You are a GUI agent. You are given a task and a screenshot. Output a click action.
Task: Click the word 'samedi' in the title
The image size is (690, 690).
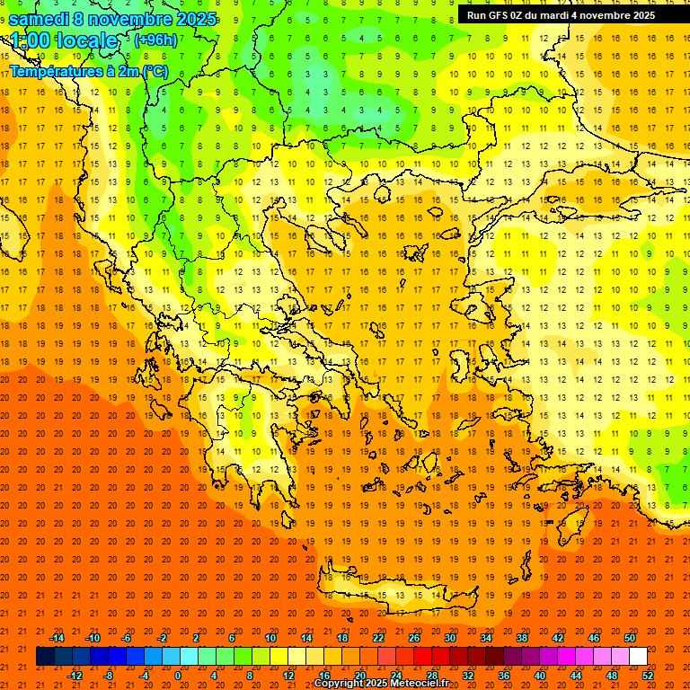tap(40, 19)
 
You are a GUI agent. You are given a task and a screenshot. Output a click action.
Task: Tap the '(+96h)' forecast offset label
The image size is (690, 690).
tap(155, 40)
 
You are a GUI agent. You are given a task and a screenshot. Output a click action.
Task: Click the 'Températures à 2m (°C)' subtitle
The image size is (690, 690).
tap(88, 71)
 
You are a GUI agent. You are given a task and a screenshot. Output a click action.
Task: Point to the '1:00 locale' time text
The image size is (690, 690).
tap(64, 40)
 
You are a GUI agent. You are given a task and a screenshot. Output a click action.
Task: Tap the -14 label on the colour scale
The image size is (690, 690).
tap(57, 638)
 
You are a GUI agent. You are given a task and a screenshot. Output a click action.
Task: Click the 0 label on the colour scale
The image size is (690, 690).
tap(178, 676)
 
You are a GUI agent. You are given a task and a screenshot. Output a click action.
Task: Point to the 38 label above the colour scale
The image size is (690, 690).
tap(522, 638)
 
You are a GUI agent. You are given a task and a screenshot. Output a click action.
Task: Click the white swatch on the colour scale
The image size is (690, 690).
tap(638, 657)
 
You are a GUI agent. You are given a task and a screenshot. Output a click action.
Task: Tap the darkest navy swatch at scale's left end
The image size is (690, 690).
tap(45, 657)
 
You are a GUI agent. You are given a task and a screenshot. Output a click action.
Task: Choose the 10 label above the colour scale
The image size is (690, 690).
tap(270, 638)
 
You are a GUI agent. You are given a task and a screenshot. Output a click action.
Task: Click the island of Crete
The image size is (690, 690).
tap(386, 594)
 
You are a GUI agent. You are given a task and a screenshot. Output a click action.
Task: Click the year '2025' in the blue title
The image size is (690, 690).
tap(194, 19)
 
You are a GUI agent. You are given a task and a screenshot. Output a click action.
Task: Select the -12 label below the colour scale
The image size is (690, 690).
tap(75, 676)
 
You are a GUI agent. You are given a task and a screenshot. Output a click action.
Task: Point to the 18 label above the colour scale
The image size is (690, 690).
tap(342, 638)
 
